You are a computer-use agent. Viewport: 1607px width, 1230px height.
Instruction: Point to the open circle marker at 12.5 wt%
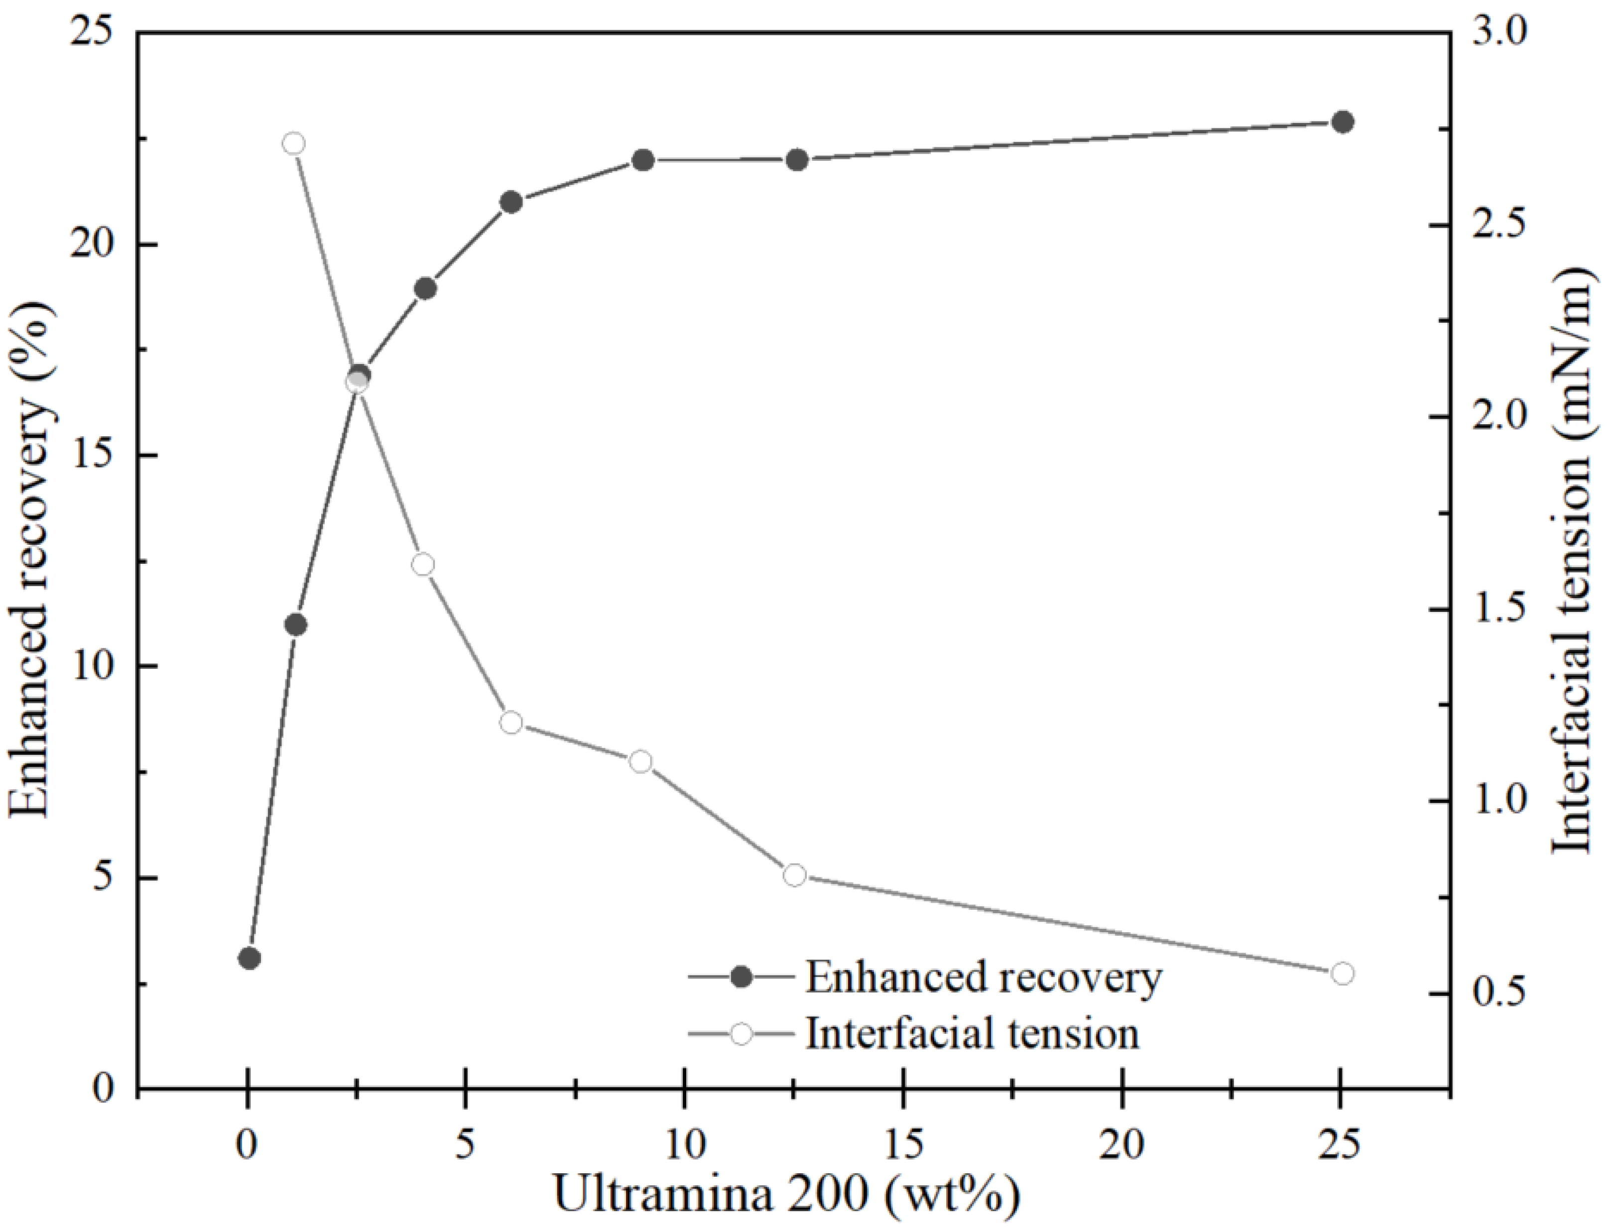[794, 875]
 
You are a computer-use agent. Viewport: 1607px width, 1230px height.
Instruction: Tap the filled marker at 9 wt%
[643, 160]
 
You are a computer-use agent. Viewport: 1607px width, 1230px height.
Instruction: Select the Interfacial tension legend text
[972, 1034]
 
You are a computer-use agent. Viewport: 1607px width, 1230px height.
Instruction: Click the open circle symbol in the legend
[741, 1034]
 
